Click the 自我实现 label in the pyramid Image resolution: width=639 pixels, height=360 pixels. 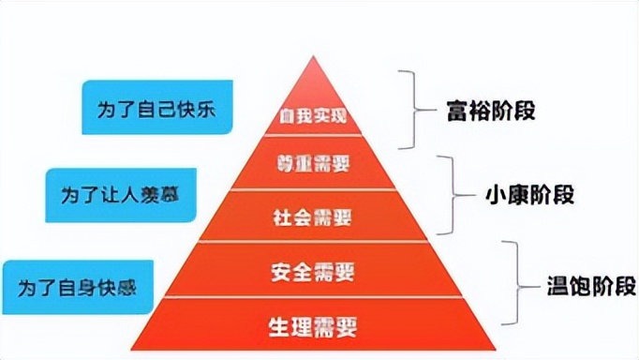pos(313,118)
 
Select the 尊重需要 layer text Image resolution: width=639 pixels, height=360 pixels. pos(315,165)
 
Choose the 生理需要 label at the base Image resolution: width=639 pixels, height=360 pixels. pos(315,328)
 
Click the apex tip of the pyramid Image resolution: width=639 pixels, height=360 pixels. pos(313,59)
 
